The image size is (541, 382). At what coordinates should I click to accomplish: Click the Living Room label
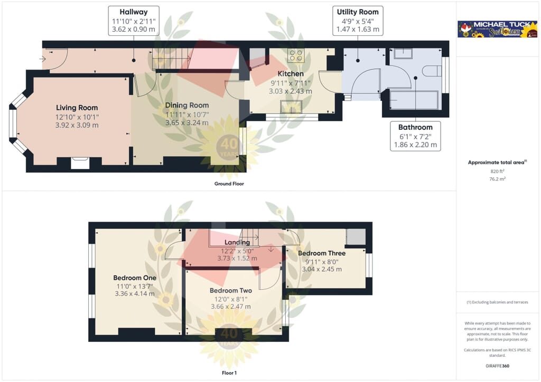77,108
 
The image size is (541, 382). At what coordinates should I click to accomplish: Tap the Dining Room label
187,106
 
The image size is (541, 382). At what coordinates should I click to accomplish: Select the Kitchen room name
291,74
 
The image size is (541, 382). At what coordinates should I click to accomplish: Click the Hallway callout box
134,21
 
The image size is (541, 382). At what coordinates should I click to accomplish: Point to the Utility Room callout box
358,21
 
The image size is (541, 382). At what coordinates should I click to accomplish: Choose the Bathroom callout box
415,136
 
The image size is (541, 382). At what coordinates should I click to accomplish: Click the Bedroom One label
135,278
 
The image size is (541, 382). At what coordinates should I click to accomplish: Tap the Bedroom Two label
231,290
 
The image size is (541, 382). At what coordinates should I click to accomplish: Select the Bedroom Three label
322,253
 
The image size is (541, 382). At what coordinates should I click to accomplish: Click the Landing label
237,243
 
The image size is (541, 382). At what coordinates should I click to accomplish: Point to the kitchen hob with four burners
296,55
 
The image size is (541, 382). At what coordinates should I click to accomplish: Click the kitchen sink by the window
291,107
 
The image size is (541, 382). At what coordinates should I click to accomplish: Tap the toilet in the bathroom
432,71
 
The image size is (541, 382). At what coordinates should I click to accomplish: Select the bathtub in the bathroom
414,100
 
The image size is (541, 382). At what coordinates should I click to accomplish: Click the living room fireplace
80,163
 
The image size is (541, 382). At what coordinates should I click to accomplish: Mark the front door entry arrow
42,59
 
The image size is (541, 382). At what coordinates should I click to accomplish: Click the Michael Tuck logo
497,29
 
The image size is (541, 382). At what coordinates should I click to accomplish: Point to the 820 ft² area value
497,171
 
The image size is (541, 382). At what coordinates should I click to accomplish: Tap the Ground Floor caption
229,184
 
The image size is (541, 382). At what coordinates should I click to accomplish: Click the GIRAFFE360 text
497,366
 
